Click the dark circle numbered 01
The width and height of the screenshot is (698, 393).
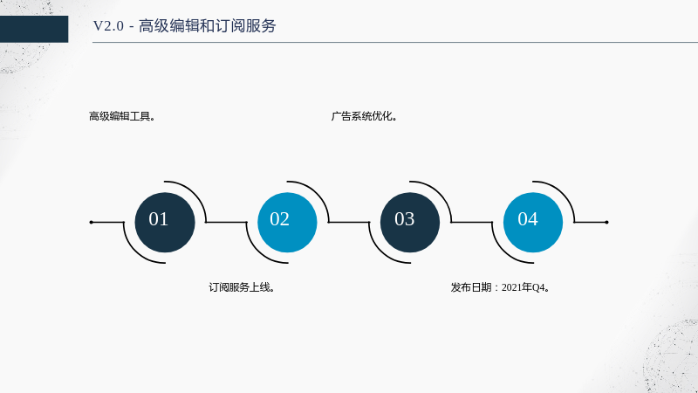(165, 223)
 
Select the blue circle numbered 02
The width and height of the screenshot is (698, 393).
(287, 223)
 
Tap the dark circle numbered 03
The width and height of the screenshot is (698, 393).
(410, 223)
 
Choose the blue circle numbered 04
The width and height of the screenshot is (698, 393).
(533, 223)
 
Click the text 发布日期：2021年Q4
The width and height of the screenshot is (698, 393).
(500, 287)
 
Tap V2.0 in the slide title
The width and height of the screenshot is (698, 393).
(108, 26)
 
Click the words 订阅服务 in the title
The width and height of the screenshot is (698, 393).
(245, 26)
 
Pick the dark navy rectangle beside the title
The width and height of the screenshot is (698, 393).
(34, 29)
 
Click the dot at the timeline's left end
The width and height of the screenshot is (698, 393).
(92, 222)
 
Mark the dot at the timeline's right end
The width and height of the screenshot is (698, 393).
(606, 222)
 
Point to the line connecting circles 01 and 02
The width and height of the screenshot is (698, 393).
(226, 222)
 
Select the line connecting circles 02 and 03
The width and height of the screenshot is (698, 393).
(349, 222)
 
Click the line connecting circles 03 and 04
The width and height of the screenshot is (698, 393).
(472, 222)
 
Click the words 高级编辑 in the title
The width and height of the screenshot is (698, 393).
(169, 26)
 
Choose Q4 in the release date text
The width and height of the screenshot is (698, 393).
(538, 288)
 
